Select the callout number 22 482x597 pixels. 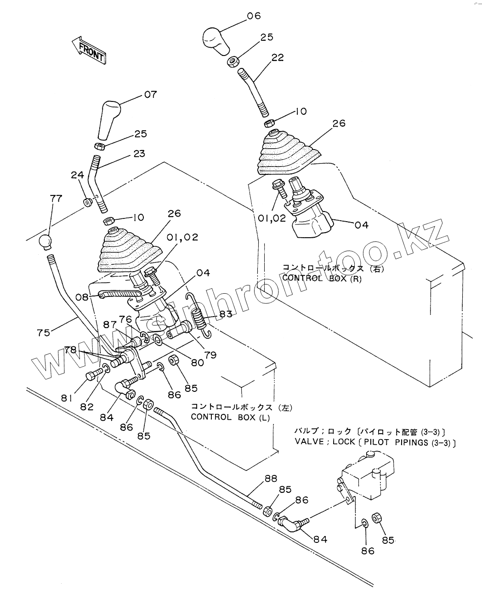coord(278,57)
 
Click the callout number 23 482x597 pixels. coord(139,154)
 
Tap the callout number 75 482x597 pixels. coord(44,333)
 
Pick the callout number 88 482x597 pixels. coord(271,478)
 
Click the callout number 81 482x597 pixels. coord(67,399)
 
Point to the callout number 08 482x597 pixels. coord(82,297)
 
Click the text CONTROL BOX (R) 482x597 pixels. coord(322,278)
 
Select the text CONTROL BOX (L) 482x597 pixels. coord(230,417)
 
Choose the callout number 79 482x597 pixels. coord(211,355)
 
